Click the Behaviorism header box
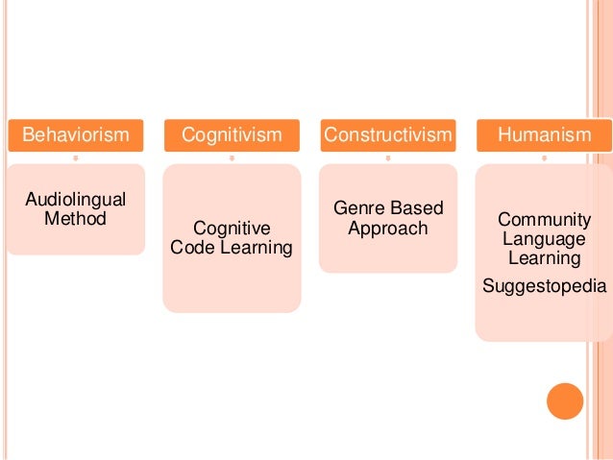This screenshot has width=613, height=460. pos(75,135)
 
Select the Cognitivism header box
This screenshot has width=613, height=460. pos(231,135)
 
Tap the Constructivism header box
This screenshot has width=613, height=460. pos(387,135)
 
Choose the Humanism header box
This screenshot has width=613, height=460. pos(544,135)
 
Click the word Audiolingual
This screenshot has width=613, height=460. pos(75,200)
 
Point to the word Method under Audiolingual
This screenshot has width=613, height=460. pos(75,218)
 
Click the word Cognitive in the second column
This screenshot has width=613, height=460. pos(232,229)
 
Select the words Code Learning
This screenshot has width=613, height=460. pos(232,248)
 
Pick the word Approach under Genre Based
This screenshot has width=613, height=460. pos(387,230)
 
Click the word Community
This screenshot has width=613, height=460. pos(543,220)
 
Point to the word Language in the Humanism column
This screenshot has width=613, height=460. pos(543,239)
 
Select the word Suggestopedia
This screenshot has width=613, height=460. pos(543,285)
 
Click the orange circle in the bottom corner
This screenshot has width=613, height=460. pos(564,401)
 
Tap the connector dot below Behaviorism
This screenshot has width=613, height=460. pos(75,157)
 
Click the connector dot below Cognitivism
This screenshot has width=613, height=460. pos(232,157)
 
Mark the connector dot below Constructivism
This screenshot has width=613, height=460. pos(387,157)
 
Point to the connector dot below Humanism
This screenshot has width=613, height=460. pos(544,157)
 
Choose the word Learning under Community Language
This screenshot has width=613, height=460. pos(543,257)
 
